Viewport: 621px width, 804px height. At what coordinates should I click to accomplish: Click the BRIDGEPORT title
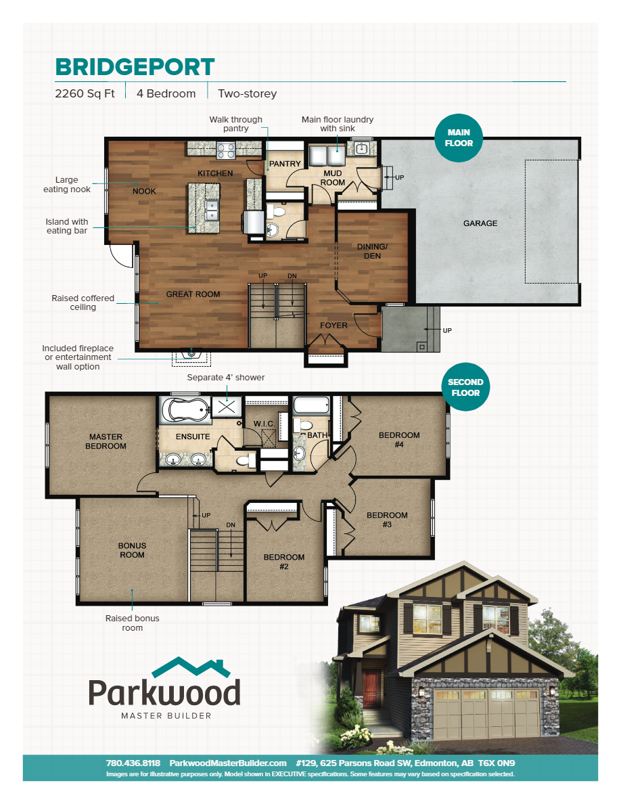coord(135,67)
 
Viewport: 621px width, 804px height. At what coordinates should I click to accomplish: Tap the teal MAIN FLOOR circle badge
coord(459,138)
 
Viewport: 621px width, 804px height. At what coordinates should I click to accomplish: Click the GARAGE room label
coord(480,223)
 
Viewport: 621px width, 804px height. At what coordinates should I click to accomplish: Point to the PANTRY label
coord(285,164)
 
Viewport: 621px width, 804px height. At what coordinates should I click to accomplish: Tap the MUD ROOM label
coord(333,177)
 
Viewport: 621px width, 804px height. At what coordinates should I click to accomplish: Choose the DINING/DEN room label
coord(373,252)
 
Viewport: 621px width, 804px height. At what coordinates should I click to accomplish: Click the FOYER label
coord(333,326)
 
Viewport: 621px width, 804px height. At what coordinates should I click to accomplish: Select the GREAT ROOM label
coord(193,294)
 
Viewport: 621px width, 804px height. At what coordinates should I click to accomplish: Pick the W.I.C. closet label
coord(264,424)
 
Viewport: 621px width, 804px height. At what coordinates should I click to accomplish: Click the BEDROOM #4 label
coord(399,440)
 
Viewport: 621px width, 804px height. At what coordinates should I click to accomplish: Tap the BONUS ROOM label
coord(132,550)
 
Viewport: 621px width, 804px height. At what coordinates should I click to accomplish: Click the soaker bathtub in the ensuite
coord(184,410)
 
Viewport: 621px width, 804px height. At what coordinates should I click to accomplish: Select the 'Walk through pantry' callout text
coord(235,124)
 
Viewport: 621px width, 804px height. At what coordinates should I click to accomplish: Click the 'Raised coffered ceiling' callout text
coord(83,303)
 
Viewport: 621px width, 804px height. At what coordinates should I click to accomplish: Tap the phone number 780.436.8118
coord(133,763)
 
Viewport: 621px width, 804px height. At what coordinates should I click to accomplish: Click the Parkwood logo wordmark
coord(164,692)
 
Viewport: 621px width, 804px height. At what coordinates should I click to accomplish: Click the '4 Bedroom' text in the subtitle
coord(166,94)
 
